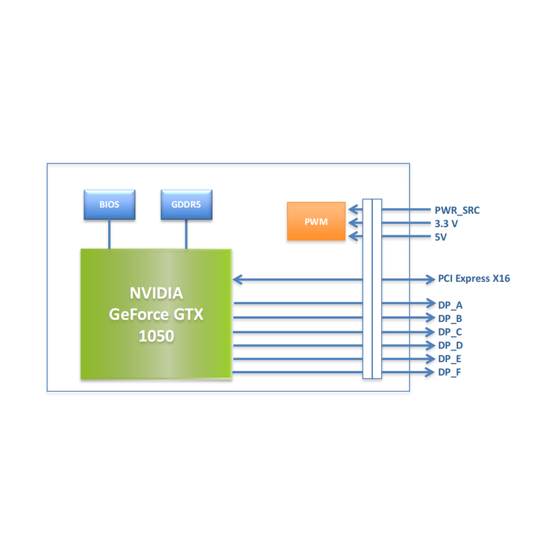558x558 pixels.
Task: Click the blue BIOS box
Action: click(109, 205)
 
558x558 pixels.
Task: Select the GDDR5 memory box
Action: click(186, 205)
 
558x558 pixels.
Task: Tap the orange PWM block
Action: click(316, 221)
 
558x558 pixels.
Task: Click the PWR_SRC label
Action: click(457, 210)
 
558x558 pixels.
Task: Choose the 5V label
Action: click(441, 237)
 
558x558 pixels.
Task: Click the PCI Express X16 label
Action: click(474, 278)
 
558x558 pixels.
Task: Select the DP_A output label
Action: click(450, 305)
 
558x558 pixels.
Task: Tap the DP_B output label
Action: click(450, 319)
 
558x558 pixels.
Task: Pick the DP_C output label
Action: click(450, 332)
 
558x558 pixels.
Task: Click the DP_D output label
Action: click(450, 346)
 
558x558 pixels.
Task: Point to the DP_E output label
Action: click(450, 359)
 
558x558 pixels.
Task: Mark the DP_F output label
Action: click(450, 372)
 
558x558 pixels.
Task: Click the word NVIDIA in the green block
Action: click(156, 292)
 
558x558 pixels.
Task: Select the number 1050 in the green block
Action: click(156, 336)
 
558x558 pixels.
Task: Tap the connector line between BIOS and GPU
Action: click(109, 234)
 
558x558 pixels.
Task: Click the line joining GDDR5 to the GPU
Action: click(186, 234)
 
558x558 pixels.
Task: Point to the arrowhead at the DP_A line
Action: click(431, 303)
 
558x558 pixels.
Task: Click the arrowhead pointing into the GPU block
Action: click(238, 280)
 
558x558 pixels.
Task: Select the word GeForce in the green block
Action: click(137, 314)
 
